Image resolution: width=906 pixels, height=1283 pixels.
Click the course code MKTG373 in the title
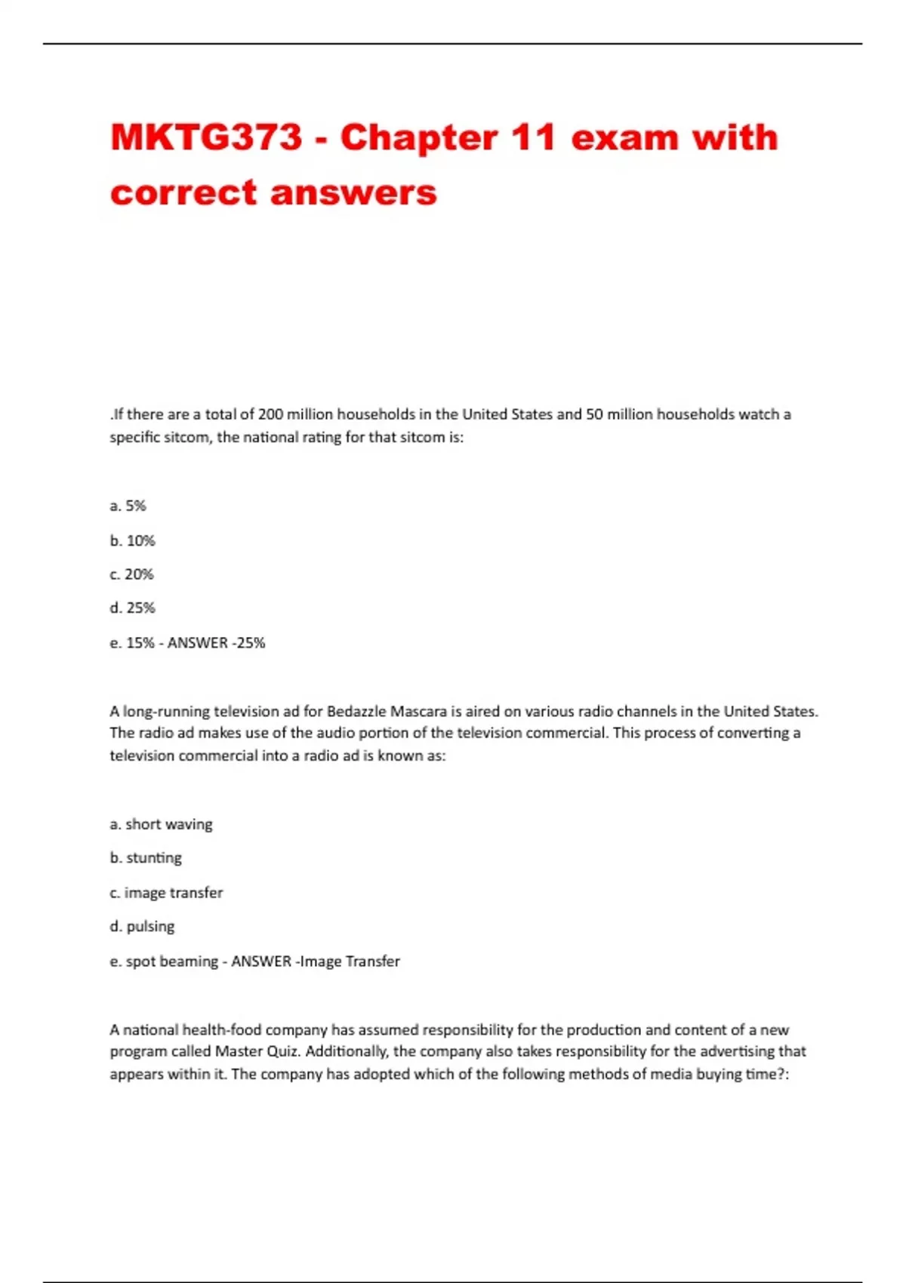click(x=206, y=138)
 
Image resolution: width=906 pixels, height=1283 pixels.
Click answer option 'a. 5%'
click(x=128, y=506)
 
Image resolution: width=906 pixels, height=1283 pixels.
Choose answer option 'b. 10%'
click(x=132, y=540)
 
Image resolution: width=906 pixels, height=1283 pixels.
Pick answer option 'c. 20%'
click(x=131, y=574)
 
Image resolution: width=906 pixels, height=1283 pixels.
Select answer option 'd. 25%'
click(x=132, y=608)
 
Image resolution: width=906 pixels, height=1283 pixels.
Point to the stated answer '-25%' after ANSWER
click(x=248, y=643)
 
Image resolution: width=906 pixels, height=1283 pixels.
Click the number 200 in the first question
click(x=270, y=414)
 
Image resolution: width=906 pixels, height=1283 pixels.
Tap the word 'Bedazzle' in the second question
click(x=356, y=711)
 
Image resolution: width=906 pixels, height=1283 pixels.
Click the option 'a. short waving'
click(x=161, y=824)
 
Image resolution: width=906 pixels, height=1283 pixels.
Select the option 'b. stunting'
click(x=146, y=858)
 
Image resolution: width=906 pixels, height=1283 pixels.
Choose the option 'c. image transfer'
click(x=166, y=893)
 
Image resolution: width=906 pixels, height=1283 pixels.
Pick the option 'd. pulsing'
click(x=142, y=926)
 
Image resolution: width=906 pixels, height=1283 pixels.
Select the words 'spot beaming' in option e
click(x=171, y=961)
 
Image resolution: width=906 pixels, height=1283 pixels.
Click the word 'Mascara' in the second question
click(x=418, y=711)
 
